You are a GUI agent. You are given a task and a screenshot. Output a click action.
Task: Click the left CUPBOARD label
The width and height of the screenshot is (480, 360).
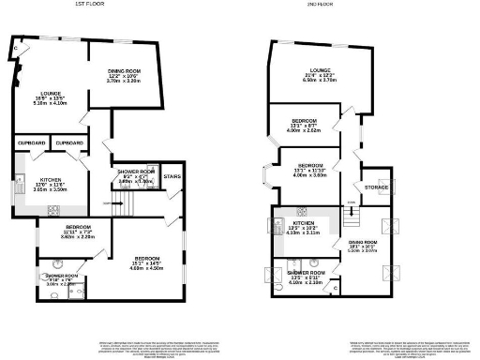[32, 143]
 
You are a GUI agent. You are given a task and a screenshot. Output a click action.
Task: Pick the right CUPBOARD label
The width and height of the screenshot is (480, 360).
[69, 143]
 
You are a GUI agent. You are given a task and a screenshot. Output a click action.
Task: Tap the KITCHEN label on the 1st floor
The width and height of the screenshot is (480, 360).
[48, 179]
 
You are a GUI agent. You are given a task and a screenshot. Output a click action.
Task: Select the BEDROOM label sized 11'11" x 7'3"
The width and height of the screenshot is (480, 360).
[78, 228]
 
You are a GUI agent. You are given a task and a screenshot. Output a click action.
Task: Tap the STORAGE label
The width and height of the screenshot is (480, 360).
[378, 187]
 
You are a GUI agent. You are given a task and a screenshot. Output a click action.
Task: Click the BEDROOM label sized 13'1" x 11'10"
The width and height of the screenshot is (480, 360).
[307, 167]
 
